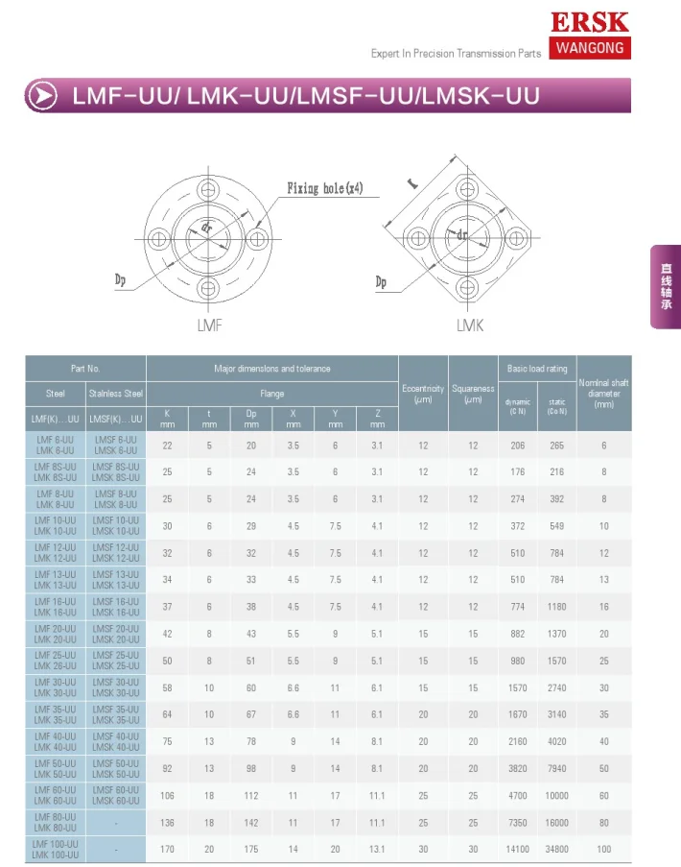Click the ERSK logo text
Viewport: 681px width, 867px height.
pos(590,22)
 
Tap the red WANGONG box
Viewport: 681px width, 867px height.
pos(590,48)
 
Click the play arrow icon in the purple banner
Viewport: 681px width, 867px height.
pos(42,96)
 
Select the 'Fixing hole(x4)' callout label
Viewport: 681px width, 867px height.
pos(325,188)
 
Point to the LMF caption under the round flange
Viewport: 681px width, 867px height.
pos(209,325)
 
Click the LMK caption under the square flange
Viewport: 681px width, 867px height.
pos(469,325)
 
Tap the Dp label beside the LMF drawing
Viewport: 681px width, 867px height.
pos(121,279)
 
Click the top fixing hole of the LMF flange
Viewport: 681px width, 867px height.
pos(208,190)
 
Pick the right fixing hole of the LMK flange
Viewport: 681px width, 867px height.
pos(516,239)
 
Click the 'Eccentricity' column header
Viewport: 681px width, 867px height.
pos(423,393)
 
